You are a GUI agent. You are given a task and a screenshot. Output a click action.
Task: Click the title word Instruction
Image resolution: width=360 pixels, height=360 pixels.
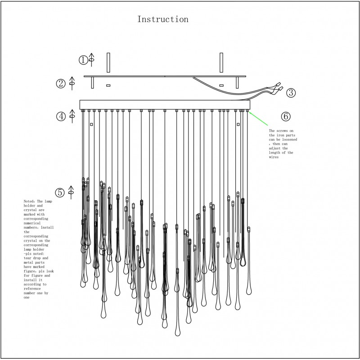point(162,19)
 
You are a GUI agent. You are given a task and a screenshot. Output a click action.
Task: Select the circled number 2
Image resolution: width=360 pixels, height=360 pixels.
point(61,83)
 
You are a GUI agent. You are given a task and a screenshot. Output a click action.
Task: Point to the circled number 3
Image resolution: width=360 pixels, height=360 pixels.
point(291,93)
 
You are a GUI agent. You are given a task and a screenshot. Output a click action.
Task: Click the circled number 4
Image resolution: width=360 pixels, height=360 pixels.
point(61,116)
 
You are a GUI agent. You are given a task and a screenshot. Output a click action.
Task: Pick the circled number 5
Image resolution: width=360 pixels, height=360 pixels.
point(60,192)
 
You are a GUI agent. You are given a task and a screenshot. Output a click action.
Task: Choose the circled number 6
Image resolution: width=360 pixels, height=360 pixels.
point(286,116)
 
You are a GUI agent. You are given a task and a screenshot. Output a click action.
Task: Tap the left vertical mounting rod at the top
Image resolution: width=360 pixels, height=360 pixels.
point(108,63)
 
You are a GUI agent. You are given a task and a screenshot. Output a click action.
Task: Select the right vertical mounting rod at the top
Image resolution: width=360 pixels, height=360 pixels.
point(221,63)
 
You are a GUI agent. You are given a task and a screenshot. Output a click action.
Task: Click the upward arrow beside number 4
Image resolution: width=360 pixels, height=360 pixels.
point(72,116)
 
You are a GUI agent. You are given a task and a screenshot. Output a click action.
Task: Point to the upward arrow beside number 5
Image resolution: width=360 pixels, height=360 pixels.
point(71,192)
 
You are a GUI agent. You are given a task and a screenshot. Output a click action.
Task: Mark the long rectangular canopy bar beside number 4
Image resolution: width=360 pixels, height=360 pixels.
point(165,104)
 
